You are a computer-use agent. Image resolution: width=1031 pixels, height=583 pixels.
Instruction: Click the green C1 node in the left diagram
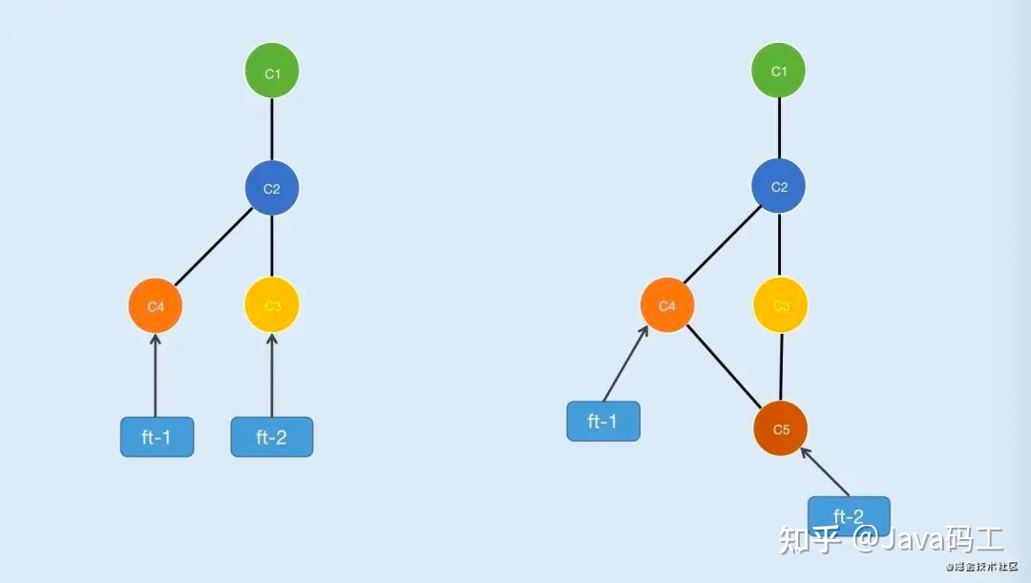(x=272, y=73)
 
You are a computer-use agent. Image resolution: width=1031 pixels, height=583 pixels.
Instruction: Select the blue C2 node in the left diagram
(x=272, y=188)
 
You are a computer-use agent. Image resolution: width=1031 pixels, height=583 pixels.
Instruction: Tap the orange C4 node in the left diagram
(x=155, y=306)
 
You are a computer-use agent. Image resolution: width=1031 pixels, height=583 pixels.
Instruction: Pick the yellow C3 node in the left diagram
(x=272, y=306)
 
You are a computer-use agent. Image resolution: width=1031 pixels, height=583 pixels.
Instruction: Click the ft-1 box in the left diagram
(x=157, y=437)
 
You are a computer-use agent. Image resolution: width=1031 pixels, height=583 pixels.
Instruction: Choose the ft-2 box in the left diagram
(x=272, y=437)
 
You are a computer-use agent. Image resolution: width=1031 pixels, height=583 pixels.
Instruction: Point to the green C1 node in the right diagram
(x=779, y=72)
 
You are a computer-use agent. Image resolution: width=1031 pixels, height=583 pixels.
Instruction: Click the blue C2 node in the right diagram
(x=779, y=187)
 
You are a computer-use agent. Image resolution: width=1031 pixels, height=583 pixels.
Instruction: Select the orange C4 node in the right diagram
(x=667, y=305)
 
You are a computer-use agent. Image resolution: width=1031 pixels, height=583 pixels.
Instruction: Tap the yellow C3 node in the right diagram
(x=781, y=305)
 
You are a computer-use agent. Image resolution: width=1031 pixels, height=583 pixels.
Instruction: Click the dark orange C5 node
(x=781, y=428)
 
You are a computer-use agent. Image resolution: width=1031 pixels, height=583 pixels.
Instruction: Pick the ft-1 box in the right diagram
(x=603, y=421)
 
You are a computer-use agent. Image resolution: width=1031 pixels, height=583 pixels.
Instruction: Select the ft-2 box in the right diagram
(x=849, y=516)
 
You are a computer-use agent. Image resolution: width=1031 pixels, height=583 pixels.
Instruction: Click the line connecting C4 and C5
(x=724, y=367)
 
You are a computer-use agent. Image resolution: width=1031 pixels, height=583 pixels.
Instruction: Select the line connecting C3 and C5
(x=781, y=367)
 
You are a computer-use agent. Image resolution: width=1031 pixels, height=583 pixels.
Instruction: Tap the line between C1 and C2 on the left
(x=272, y=130)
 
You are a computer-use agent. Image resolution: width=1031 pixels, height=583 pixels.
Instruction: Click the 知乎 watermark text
(x=810, y=540)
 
